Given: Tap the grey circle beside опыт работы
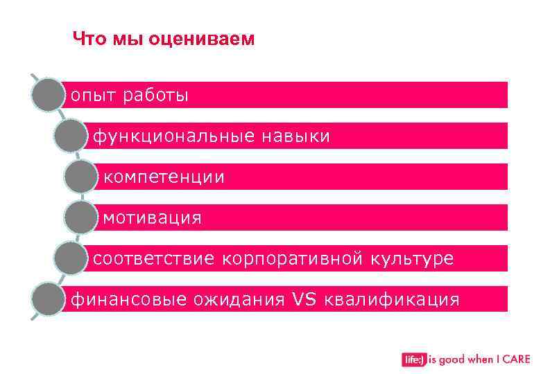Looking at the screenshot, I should (x=47, y=95).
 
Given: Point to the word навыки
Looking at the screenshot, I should (x=295, y=136).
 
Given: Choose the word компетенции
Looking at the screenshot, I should (x=164, y=177).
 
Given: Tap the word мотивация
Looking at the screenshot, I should (x=153, y=219).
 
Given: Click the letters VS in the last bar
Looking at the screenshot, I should (x=303, y=299).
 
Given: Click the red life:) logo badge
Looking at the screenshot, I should (x=413, y=359).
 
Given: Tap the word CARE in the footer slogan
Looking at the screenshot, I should (x=516, y=359).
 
